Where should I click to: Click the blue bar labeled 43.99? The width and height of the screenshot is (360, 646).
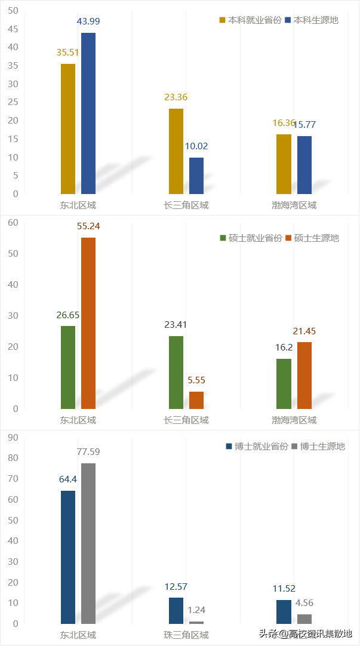[x=88, y=113]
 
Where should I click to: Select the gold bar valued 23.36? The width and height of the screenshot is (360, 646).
[x=176, y=151]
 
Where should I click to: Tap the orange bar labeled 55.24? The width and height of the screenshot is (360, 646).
[x=88, y=323]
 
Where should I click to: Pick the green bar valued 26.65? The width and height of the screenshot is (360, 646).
[x=68, y=367]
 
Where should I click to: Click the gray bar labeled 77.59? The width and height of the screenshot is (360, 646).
[x=88, y=543]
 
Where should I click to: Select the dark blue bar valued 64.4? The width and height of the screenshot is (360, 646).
[x=68, y=557]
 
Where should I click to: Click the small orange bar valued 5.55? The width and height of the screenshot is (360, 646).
[x=196, y=400]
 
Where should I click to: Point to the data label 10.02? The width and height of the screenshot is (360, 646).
[x=196, y=146]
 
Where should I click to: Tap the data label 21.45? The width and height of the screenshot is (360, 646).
[x=304, y=331]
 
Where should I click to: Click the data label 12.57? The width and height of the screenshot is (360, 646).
[x=176, y=586]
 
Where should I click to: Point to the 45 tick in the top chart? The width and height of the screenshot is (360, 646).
[x=13, y=29]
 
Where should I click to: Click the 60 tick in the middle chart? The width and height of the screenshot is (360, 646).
[x=13, y=222]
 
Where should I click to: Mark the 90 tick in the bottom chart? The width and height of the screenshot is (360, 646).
[x=13, y=437]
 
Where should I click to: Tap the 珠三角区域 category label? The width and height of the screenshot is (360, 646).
[x=186, y=635]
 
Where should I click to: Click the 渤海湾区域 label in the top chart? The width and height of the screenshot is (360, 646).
[x=294, y=205]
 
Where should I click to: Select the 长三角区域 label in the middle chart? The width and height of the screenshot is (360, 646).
[x=186, y=420]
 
